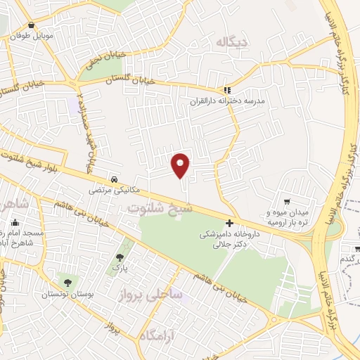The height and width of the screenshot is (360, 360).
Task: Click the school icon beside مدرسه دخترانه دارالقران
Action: (x=226, y=90)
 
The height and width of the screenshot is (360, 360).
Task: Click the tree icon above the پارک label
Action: (x=120, y=256)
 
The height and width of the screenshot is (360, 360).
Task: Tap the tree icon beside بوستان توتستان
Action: (x=67, y=283)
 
